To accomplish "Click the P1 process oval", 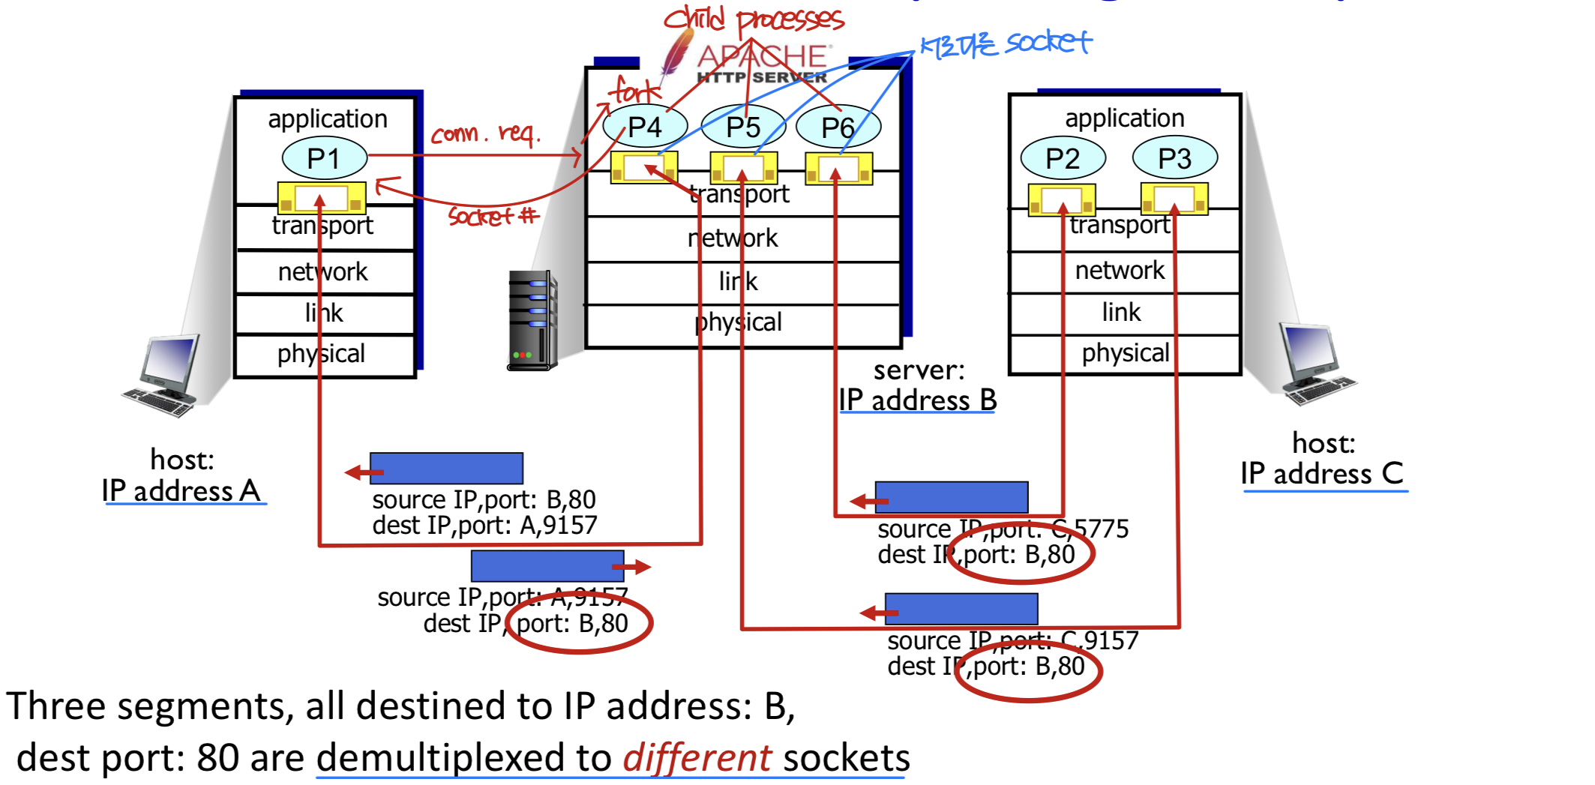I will pyautogui.click(x=324, y=158).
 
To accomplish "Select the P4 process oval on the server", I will pyautogui.click(x=644, y=127).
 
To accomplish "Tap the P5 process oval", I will pyautogui.click(x=743, y=127).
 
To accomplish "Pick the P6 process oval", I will pyautogui.click(x=838, y=127).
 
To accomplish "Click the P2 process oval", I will pyautogui.click(x=1063, y=158).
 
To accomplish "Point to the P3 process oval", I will pyautogui.click(x=1174, y=158).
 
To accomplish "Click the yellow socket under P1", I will pyautogui.click(x=322, y=198).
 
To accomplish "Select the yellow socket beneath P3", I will pyautogui.click(x=1174, y=199).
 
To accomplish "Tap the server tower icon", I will pyautogui.click(x=532, y=321).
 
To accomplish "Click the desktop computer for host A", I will pyautogui.click(x=166, y=375).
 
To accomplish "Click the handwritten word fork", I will pyautogui.click(x=634, y=91).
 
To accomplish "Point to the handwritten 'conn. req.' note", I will pyautogui.click(x=484, y=134).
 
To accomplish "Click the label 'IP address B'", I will pyautogui.click(x=917, y=400).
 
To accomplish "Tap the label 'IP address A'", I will pyautogui.click(x=181, y=491).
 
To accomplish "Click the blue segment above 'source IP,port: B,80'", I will pyautogui.click(x=446, y=469).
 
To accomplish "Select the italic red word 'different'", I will pyautogui.click(x=697, y=757).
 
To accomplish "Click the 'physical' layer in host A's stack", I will pyautogui.click(x=322, y=353).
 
